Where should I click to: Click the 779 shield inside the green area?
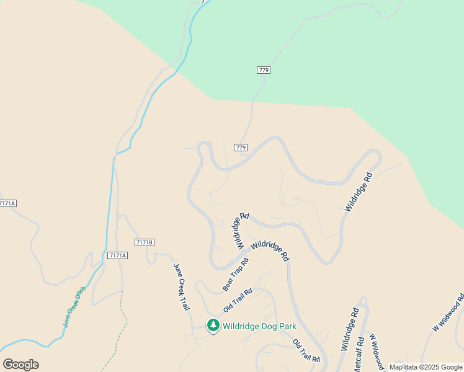[x=263, y=70]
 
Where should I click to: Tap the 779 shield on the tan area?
[x=241, y=147]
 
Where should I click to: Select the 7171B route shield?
[x=144, y=242]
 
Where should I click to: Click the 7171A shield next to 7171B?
[x=117, y=255]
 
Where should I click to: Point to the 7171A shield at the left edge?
[x=7, y=203]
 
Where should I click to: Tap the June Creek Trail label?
[x=180, y=286]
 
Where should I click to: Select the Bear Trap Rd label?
[x=236, y=274]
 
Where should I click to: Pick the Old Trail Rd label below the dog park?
[x=306, y=352]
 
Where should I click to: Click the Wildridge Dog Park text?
[x=259, y=326]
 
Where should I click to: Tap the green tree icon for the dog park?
[x=213, y=325]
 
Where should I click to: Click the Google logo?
[x=20, y=365]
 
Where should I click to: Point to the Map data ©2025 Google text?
[x=426, y=367]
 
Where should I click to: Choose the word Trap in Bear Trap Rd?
[x=236, y=273]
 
